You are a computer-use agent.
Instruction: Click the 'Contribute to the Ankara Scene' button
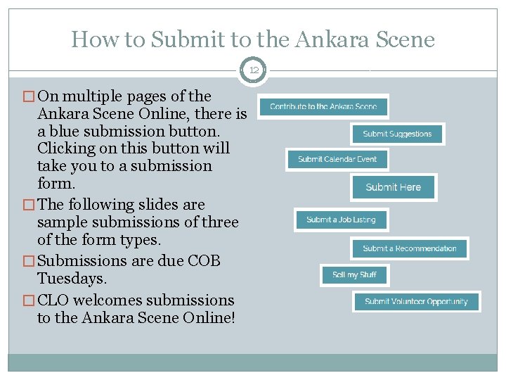tap(323, 106)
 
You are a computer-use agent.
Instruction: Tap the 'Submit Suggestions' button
tap(397, 134)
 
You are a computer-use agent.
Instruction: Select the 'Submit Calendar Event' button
tap(337, 159)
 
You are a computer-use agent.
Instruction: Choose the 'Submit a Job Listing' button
tap(341, 220)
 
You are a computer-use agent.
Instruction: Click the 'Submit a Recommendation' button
tap(409, 248)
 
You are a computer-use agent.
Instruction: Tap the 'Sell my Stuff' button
tap(354, 274)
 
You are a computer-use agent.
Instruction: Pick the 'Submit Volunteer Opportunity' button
tap(416, 301)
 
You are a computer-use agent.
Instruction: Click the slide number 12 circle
tap(252, 70)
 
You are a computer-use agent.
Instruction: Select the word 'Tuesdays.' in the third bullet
tap(72, 279)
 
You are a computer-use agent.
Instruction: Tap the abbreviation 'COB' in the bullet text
tap(202, 261)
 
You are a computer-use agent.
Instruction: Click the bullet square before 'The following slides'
tap(28, 205)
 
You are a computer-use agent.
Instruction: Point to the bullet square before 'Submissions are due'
tap(28, 262)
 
